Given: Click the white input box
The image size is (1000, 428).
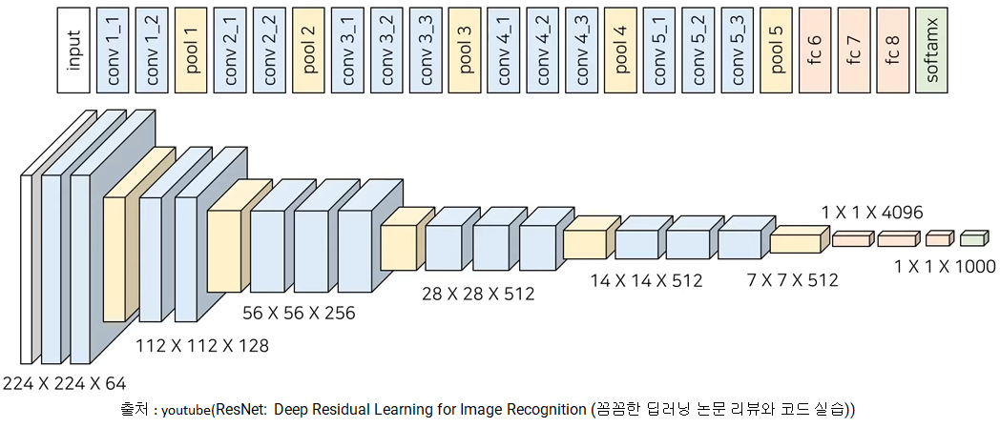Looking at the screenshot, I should pos(73,49).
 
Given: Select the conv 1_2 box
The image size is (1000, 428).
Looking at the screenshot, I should pos(152,49).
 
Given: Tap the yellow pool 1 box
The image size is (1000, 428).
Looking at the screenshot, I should pos(191,49).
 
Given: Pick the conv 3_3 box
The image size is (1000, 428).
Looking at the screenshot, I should pos(425,49).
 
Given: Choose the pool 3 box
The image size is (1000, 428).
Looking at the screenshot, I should pos(464,49).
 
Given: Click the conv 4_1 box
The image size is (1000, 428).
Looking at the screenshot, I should pos(503,49).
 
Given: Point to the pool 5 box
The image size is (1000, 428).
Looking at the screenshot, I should pos(776,49).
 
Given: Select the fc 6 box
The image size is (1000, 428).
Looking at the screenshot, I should pos(815,49).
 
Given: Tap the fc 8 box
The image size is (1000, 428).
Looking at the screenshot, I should pos(892,49).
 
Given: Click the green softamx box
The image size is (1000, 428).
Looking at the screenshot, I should pos(932,49).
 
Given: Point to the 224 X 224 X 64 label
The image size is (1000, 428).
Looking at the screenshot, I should pos(64,384).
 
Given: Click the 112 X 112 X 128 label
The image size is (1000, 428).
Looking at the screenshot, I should pos(201,345).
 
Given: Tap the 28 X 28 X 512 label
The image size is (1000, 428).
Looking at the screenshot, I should pos(479,294).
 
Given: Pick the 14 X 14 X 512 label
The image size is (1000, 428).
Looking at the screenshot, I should pos(646,280).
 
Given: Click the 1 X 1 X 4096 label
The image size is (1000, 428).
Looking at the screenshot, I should pos(872,212).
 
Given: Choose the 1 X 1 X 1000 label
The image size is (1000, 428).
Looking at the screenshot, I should pos(945,266).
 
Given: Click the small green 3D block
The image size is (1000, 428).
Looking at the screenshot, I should pos(972,237).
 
